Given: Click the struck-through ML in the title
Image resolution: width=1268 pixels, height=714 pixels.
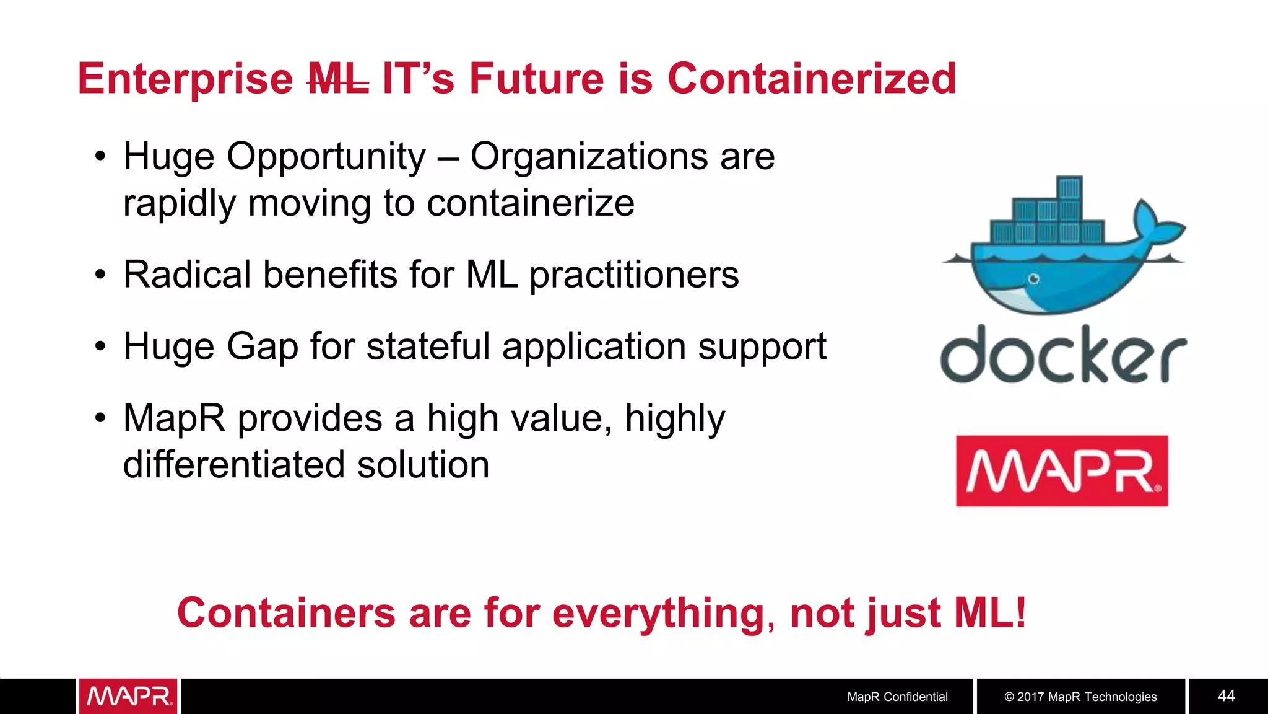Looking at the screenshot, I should (339, 79).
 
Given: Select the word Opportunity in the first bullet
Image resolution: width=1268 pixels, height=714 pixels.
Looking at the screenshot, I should (326, 157).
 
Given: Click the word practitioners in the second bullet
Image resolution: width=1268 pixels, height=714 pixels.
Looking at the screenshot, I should (634, 276).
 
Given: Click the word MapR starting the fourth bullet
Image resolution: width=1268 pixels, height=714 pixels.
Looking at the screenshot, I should (175, 419).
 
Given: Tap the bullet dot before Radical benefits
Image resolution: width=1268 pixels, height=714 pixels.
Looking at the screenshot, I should (100, 275).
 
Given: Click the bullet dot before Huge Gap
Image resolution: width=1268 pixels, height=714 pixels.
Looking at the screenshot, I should (100, 346).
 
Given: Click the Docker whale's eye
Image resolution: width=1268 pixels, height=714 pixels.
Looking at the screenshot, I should (1033, 280).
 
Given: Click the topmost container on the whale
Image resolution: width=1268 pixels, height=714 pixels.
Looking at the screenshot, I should (1070, 188).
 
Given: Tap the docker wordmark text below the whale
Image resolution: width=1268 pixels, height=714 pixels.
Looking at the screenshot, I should (1062, 355).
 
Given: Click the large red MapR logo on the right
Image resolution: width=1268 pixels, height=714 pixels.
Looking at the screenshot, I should (1062, 471).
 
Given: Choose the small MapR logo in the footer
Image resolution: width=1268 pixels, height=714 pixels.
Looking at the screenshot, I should (128, 696).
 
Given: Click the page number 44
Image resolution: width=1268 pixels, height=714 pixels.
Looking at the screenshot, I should (1226, 695).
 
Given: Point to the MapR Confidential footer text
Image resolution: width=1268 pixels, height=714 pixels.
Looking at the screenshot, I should (897, 697).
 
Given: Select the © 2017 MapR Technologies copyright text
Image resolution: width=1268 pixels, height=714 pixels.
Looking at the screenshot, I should (1080, 697).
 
